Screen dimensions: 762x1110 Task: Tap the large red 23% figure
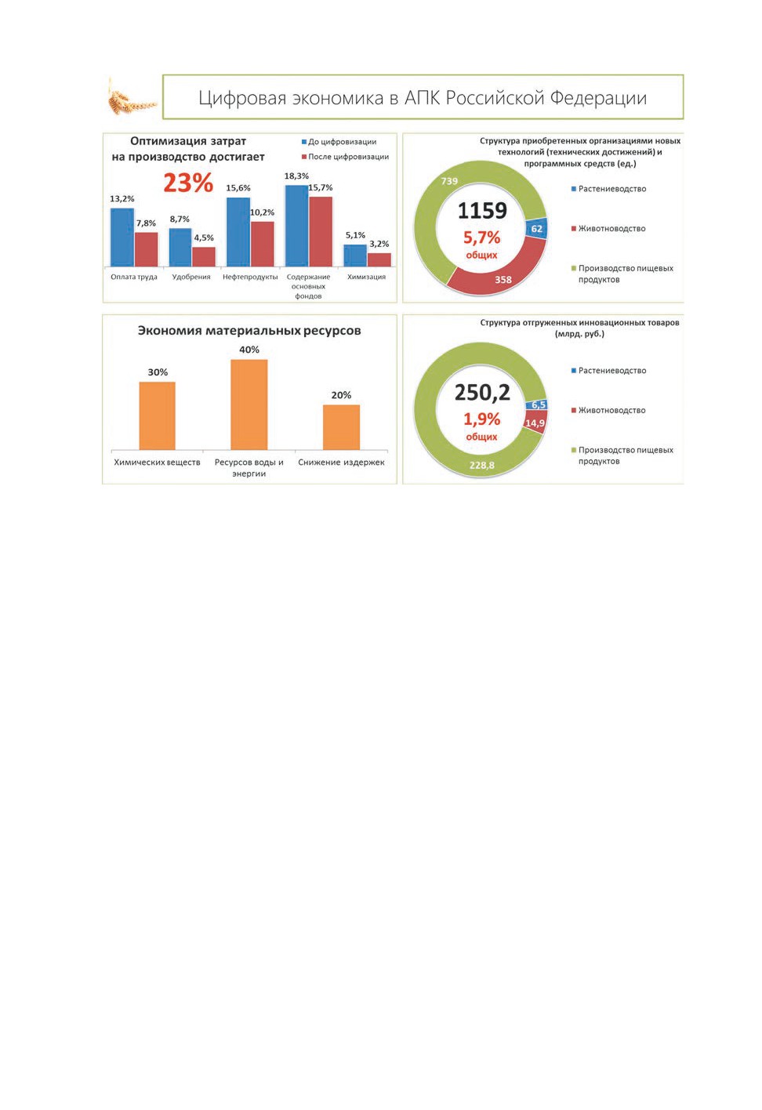(188, 183)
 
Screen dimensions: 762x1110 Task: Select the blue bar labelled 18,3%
(296, 226)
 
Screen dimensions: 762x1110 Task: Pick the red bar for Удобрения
(204, 256)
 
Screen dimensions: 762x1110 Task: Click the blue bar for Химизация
(355, 256)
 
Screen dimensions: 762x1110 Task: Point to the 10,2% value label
(262, 212)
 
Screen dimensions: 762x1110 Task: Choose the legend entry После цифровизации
(345, 157)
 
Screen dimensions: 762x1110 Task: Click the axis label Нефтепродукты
(250, 277)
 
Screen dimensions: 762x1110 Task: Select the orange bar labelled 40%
(249, 404)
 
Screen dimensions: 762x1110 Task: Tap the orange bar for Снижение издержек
(341, 427)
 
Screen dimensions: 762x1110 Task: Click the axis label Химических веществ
(157, 462)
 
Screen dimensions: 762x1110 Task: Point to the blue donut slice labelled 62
(537, 228)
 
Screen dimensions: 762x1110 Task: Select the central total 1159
(482, 211)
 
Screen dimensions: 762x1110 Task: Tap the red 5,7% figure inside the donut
(481, 238)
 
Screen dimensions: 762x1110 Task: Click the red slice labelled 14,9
(535, 423)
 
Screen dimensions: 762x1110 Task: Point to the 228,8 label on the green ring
(482, 466)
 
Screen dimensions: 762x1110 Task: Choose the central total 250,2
(482, 393)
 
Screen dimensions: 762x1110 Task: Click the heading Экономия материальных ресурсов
(249, 331)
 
